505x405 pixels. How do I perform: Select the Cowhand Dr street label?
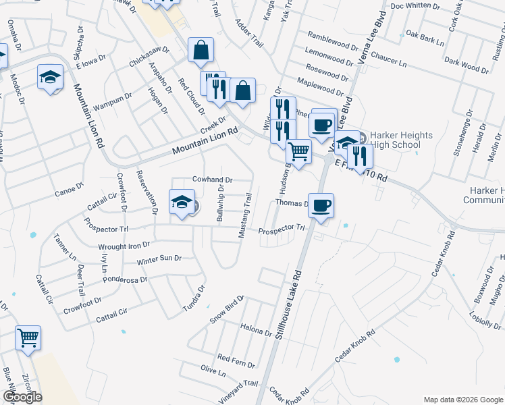(212, 180)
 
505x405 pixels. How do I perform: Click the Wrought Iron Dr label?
(125, 246)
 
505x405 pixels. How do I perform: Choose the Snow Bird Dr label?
(225, 310)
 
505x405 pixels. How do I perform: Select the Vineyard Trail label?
(238, 392)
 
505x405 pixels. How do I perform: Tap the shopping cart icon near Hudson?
(298, 151)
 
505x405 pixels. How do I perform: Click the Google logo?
(22, 397)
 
